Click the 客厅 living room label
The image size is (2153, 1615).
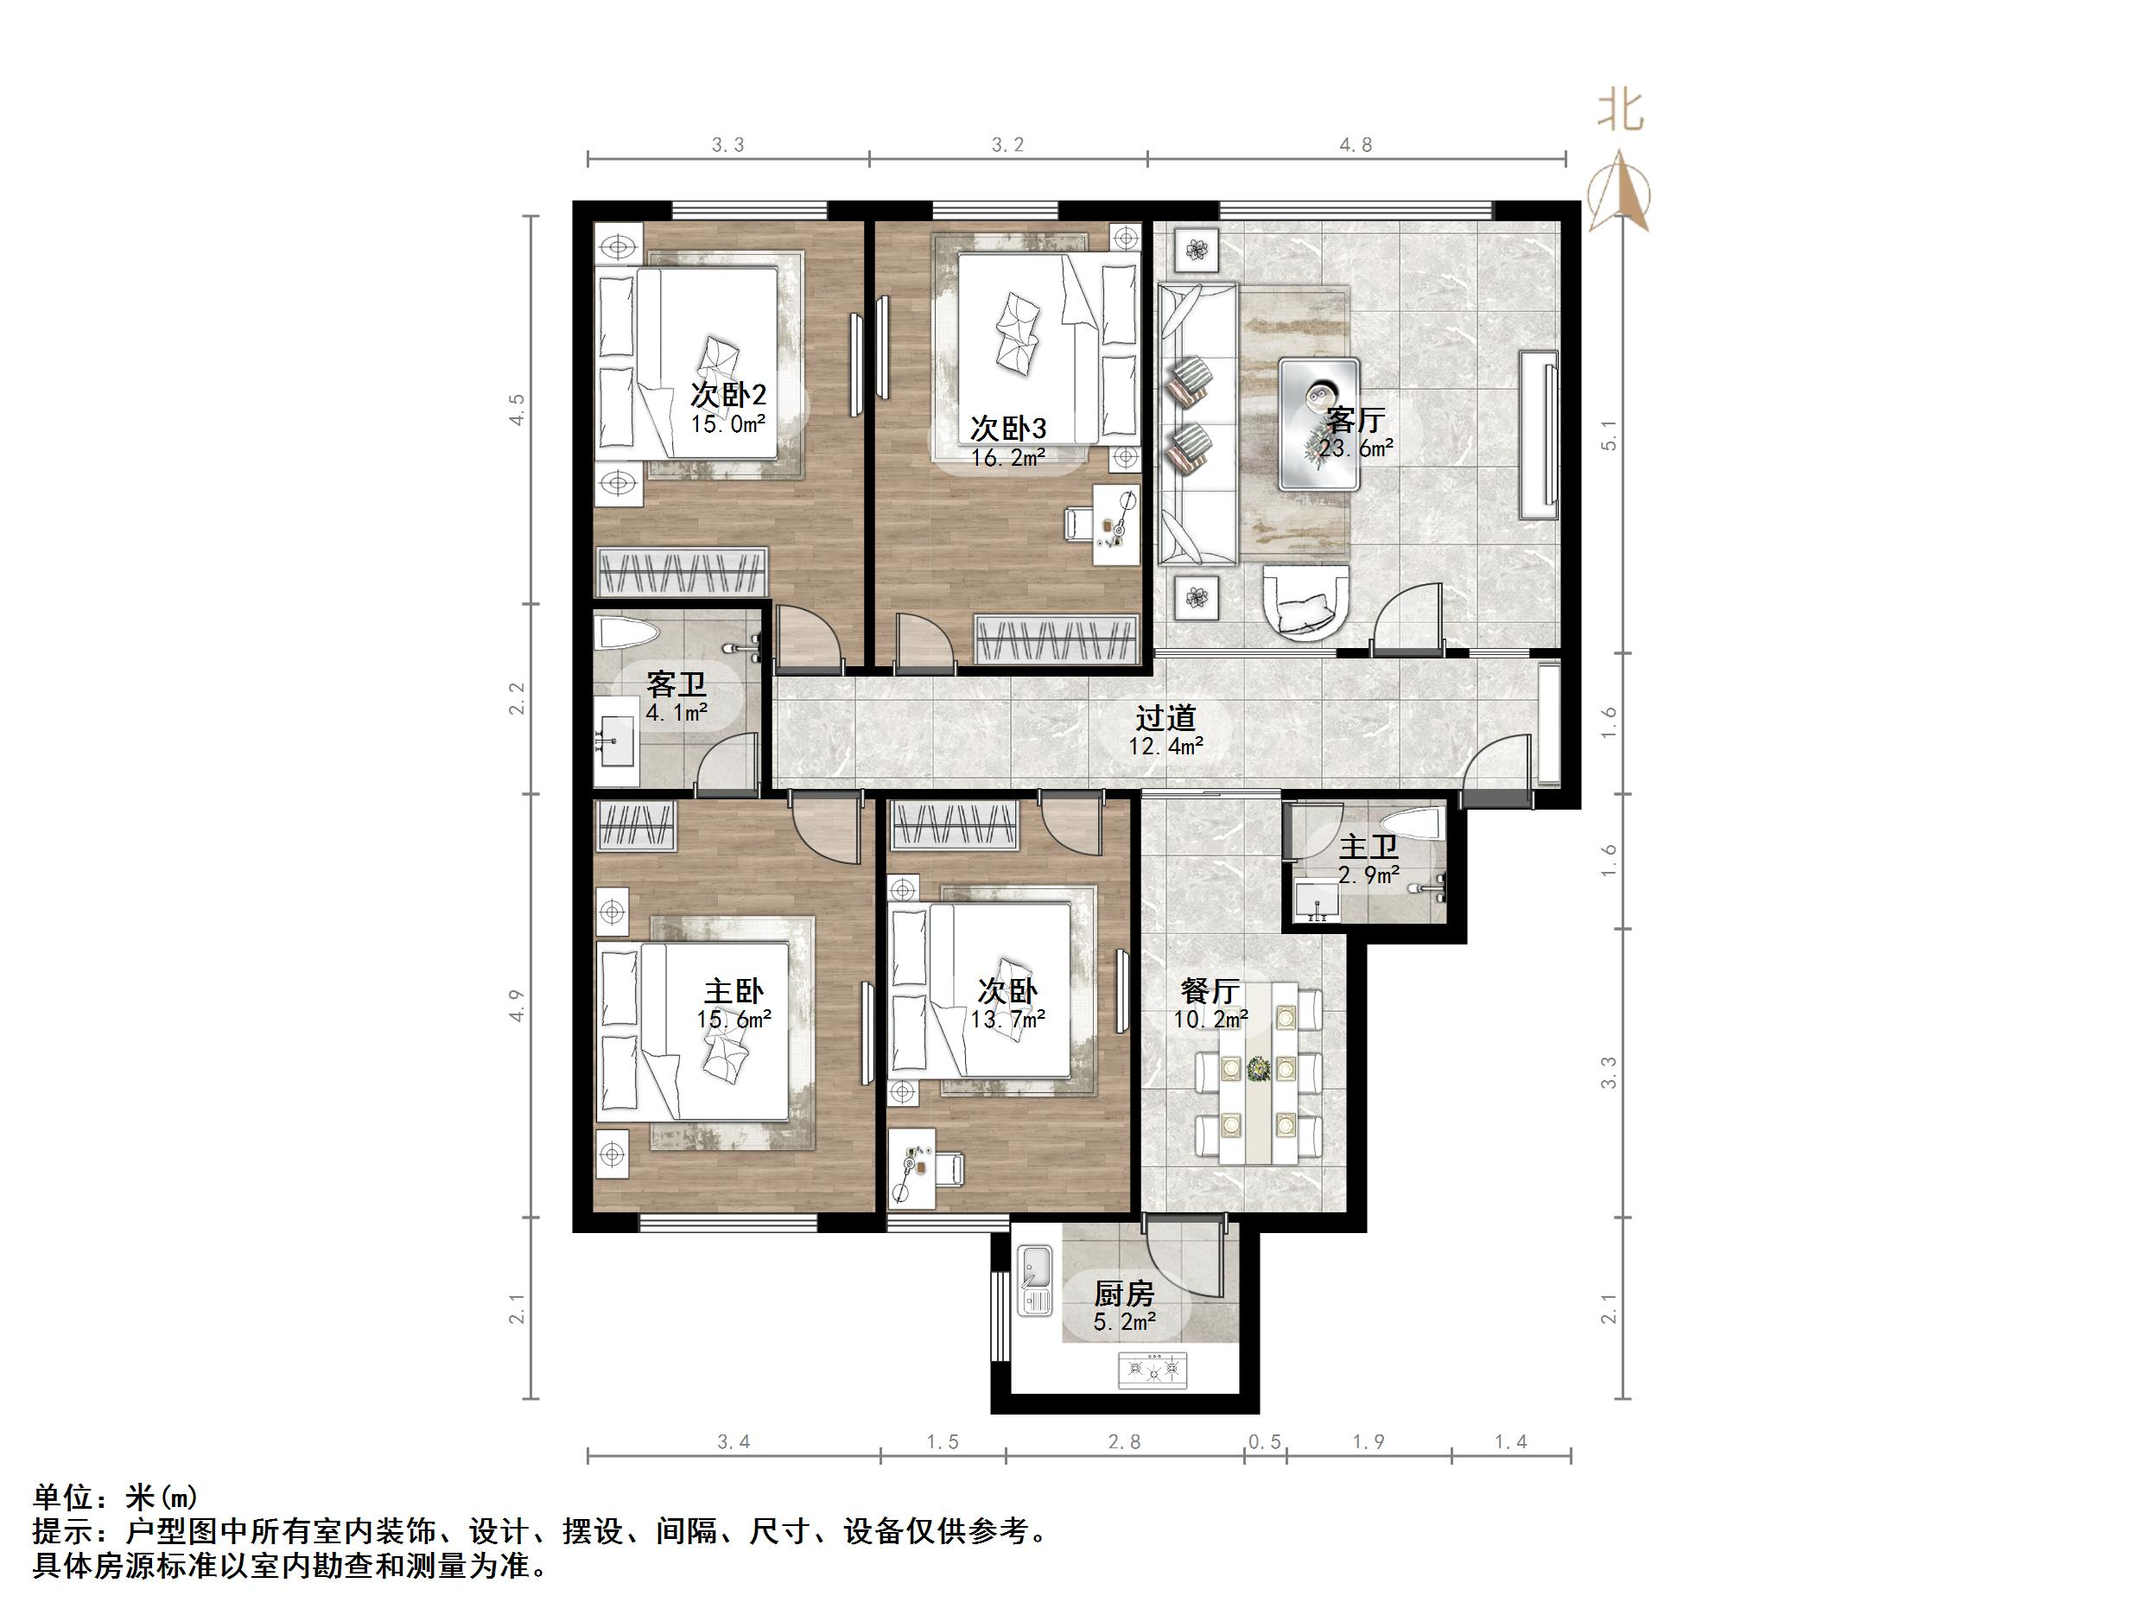tap(1355, 421)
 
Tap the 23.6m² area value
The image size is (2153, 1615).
tap(1356, 448)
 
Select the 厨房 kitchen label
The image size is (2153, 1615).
tap(1124, 1294)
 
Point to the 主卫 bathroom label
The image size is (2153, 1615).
tap(1369, 848)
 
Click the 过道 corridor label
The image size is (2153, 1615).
tap(1165, 718)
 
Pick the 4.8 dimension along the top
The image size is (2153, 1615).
tap(1356, 145)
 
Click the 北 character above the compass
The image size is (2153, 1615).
tap(1621, 110)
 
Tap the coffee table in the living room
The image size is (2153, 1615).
tap(1319, 423)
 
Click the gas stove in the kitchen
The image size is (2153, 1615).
tap(1155, 1370)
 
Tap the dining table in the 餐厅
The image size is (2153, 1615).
tap(1259, 1072)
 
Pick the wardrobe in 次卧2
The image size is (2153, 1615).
tap(682, 572)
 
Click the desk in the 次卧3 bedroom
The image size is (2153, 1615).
tap(1115, 524)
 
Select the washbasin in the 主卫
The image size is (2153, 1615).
tap(1317, 900)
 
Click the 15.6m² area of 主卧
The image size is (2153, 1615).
tap(734, 1020)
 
